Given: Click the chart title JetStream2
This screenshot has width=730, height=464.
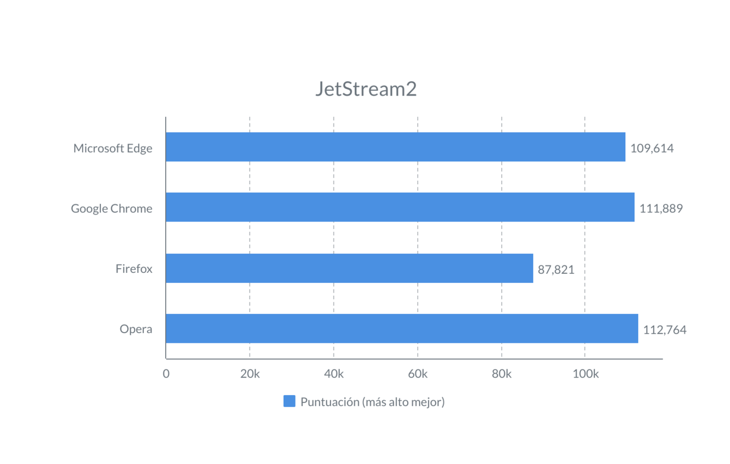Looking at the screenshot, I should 366,90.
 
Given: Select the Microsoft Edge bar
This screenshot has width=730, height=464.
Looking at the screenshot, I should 395,147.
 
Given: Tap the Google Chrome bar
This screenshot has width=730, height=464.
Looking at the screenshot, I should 400,207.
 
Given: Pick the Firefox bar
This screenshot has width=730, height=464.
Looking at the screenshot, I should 350,268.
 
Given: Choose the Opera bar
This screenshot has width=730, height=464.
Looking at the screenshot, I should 402,328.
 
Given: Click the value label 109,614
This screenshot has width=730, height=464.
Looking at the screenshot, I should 652,148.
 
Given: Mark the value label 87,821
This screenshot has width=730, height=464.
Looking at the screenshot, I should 556,270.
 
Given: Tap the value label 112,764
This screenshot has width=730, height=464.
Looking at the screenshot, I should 665,330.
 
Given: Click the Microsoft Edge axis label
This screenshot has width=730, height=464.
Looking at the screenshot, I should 113,148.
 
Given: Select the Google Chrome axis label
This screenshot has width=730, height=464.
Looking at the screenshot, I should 112,209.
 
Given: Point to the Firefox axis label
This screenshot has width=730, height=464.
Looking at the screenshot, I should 134,269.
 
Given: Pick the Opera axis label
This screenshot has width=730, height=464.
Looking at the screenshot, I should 136,329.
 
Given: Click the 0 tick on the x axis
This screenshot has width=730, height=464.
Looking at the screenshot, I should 166,374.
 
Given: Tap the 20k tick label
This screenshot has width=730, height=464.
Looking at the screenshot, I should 250,374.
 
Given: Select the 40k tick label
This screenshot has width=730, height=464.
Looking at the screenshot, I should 333,374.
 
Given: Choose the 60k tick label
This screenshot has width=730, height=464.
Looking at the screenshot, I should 417,374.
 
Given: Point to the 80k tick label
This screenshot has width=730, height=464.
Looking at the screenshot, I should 501,374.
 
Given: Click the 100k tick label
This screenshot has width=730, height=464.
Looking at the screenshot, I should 585,374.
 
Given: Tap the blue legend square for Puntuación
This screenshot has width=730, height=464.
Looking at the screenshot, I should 289,402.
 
